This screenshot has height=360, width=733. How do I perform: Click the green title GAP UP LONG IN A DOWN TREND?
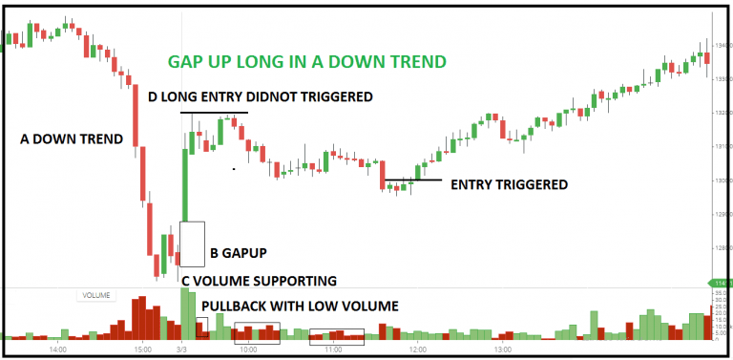(x=306, y=62)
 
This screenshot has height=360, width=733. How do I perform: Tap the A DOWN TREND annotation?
(x=72, y=139)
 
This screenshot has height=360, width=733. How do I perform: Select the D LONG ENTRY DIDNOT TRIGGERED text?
(x=260, y=97)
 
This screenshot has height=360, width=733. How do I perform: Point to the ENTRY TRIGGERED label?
(x=509, y=184)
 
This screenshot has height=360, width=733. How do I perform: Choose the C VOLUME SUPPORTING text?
(x=259, y=281)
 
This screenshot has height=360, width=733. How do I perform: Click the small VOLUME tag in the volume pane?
(x=95, y=296)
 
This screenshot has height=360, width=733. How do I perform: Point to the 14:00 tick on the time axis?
(x=56, y=350)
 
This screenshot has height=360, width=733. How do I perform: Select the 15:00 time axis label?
(x=142, y=350)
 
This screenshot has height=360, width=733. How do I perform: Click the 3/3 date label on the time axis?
(x=183, y=350)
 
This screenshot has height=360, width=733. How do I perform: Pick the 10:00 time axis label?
(x=248, y=350)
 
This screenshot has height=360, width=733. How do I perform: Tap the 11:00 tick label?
(x=334, y=350)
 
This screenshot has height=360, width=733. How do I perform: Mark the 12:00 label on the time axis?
(x=418, y=350)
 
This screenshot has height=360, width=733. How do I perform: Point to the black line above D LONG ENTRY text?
(x=215, y=113)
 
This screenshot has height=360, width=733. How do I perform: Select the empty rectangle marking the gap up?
(x=192, y=244)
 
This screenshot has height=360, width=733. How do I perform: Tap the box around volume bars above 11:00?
(x=337, y=335)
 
